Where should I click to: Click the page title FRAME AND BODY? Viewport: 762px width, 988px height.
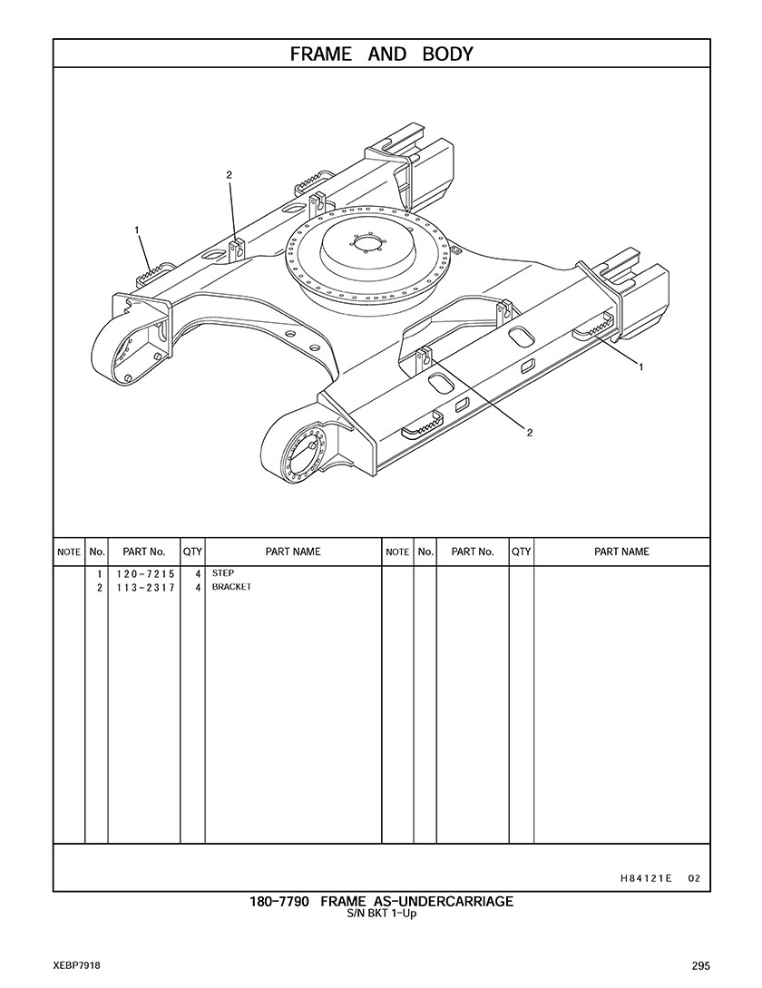(381, 54)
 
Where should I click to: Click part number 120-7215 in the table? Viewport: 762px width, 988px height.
(145, 574)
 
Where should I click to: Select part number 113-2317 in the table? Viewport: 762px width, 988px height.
(145, 588)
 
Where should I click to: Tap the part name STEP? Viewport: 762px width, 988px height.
(223, 573)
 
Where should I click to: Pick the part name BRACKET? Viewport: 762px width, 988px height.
(231, 587)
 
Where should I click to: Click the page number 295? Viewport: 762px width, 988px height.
(700, 966)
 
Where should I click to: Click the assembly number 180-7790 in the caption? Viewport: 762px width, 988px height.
(279, 902)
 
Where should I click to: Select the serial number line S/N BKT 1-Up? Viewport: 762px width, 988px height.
(381, 913)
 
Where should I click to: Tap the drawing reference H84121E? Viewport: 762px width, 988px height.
(646, 878)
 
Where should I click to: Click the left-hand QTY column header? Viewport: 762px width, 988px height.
(192, 552)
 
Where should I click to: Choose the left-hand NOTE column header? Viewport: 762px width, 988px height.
(69, 552)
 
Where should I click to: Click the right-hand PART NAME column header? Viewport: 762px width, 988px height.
(621, 552)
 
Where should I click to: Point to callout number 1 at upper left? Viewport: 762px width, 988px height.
(137, 230)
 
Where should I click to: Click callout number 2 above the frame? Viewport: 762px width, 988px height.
(230, 175)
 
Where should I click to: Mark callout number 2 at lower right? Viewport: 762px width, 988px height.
(530, 432)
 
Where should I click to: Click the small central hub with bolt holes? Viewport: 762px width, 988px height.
(366, 244)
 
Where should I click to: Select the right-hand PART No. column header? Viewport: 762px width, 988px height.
(473, 552)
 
